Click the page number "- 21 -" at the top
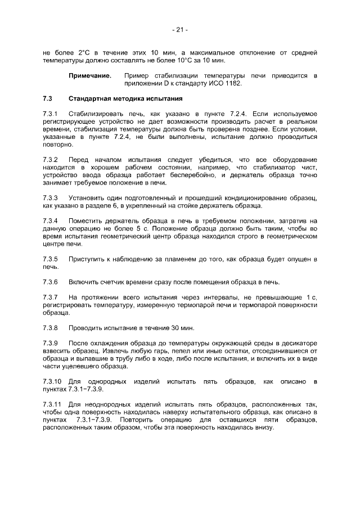click(180, 30)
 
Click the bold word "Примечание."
click(90, 75)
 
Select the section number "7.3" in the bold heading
click(48, 98)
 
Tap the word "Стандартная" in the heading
click(92, 98)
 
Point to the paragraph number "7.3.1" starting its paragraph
click(51, 114)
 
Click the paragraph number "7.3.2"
click(51, 160)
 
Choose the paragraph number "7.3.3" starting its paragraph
click(51, 198)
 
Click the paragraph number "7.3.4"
click(51, 221)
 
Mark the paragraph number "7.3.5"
click(51, 259)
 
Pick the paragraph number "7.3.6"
click(51, 282)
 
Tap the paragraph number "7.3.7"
click(51, 297)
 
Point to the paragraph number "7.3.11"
click(53, 404)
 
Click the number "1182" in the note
click(232, 83)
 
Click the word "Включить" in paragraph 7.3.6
click(84, 282)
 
